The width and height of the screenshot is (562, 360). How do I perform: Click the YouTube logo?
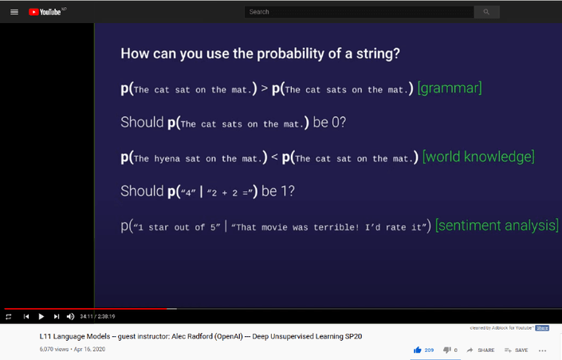pos(46,12)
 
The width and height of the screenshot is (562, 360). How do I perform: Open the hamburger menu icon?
pos(14,12)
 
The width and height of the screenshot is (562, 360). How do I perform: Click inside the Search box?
pos(359,12)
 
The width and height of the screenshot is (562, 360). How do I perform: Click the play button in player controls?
pos(41,316)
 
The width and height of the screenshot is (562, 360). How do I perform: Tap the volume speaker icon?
pos(70,316)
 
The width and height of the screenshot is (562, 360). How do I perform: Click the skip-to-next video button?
pos(56,316)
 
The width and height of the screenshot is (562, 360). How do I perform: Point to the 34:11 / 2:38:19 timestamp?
pos(97,316)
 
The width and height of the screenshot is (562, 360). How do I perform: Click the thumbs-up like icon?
pos(417,350)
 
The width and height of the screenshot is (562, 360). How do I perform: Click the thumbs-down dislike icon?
pos(447,350)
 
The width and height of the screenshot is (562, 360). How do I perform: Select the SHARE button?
pos(481,350)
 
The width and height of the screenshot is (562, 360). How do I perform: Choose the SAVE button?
pos(517,350)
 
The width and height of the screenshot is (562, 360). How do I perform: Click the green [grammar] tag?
pos(449,88)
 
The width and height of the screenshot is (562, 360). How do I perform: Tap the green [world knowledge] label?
pos(478,158)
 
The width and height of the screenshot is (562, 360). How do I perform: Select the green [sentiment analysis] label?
pos(497,226)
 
